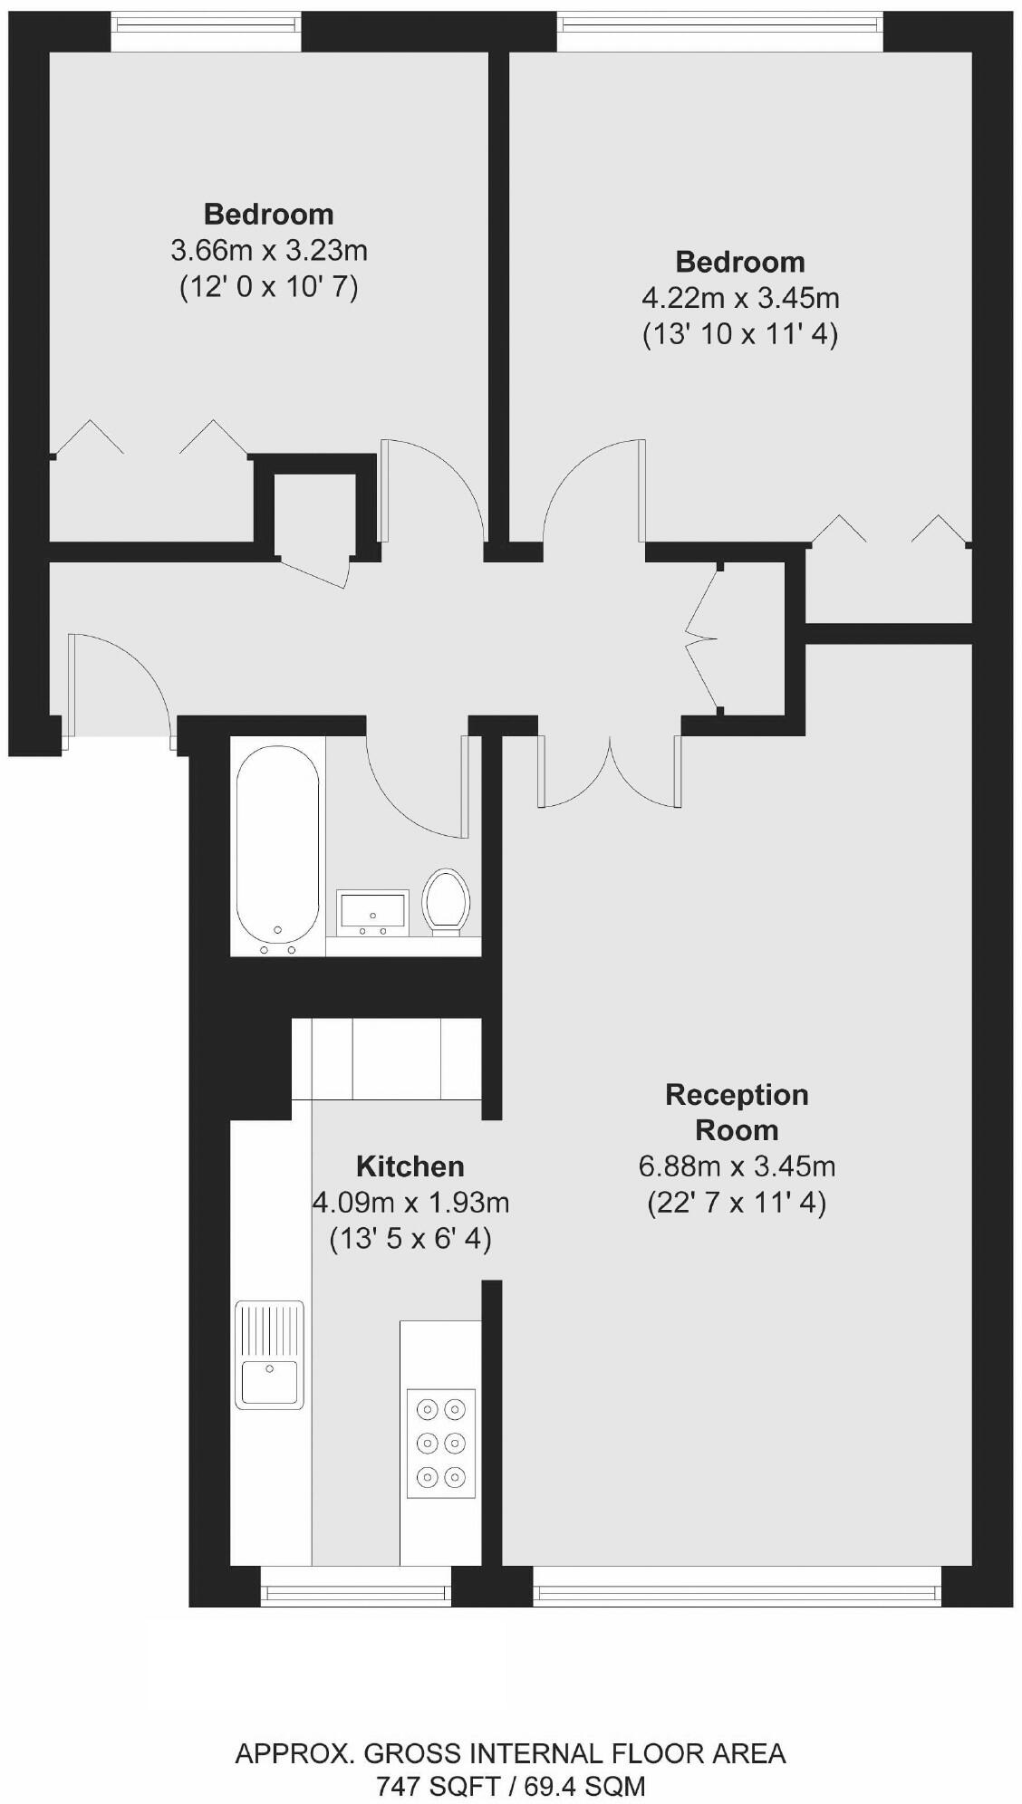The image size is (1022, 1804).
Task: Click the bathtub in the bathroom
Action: click(x=278, y=845)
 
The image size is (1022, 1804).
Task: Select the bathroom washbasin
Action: click(x=372, y=911)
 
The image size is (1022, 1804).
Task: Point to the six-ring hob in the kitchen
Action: click(x=441, y=1443)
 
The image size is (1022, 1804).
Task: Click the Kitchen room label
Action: click(x=410, y=1166)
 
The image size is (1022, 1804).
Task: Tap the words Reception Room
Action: click(x=737, y=1112)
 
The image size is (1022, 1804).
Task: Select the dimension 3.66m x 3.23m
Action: click(x=269, y=250)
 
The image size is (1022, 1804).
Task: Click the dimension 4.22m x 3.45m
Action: click(x=740, y=298)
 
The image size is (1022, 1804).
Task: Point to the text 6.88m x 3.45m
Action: click(x=737, y=1166)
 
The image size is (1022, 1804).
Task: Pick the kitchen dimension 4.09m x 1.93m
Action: click(x=410, y=1203)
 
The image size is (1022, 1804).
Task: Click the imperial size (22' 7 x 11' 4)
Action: click(x=737, y=1203)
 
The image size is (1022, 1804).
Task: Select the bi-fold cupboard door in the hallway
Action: click(x=702, y=639)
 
